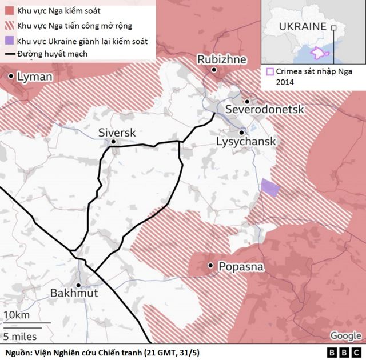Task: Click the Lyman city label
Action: click(35, 77)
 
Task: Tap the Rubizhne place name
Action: click(222, 59)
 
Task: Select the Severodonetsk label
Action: click(265, 109)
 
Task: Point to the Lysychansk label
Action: click(246, 141)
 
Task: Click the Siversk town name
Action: click(117, 132)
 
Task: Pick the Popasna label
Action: click(241, 266)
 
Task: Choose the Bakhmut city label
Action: click(74, 293)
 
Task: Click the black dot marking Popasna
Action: click(211, 266)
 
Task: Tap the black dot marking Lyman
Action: click(11, 75)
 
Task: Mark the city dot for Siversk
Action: click(114, 142)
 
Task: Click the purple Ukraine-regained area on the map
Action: click(269, 188)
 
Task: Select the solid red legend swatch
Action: click(9, 11)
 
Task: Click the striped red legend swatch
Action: click(9, 26)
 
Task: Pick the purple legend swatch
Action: click(9, 41)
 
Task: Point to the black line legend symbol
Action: click(9, 55)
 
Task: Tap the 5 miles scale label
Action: click(20, 335)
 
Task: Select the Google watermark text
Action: click(345, 335)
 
